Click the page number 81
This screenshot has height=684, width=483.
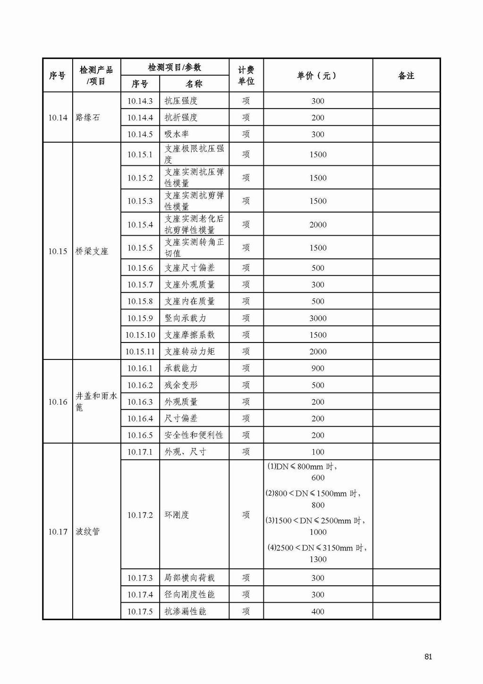coord(428,657)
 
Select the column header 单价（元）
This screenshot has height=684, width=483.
coord(317,76)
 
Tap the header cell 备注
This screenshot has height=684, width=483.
coord(406,76)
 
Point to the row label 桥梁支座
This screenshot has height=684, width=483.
coord(92,251)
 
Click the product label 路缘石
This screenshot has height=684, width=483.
coord(88,118)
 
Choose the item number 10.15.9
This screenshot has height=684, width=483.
coord(140,318)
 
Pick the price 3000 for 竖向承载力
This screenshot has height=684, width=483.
coord(318,318)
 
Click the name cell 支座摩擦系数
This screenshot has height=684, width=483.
coord(190,335)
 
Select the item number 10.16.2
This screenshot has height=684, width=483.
coord(140,385)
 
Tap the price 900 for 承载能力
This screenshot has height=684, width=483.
coord(318,368)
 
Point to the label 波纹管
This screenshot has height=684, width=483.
coord(88,531)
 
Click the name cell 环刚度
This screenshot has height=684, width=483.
coord(177,515)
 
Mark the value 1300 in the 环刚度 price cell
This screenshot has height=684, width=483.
coord(318,559)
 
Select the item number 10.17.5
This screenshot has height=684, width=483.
coord(140,611)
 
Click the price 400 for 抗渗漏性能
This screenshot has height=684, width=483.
coord(318,611)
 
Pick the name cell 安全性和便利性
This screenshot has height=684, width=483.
coord(194,435)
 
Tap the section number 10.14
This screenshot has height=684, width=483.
coord(58,118)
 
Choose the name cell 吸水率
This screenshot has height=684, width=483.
coord(177,134)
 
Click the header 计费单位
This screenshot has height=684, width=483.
coord(246,76)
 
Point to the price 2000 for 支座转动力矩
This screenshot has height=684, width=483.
coord(318,351)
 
